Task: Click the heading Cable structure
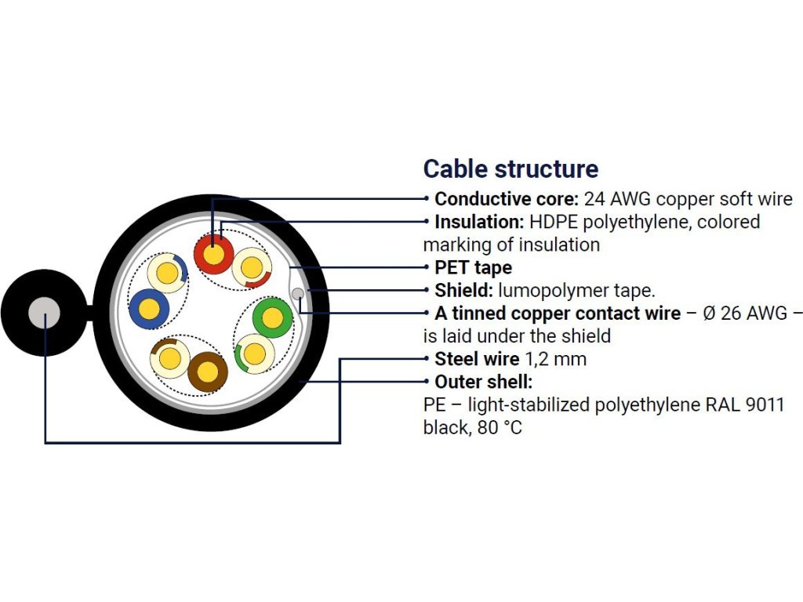pos(511,169)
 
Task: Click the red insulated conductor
pos(213,254)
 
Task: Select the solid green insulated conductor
pos(272,317)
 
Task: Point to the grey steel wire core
pos(44,313)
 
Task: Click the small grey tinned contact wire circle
pos(298,294)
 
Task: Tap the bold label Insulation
pos(479,222)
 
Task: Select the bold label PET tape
pos(473,268)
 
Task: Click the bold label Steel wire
pos(477,360)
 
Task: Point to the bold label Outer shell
pos(484,383)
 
